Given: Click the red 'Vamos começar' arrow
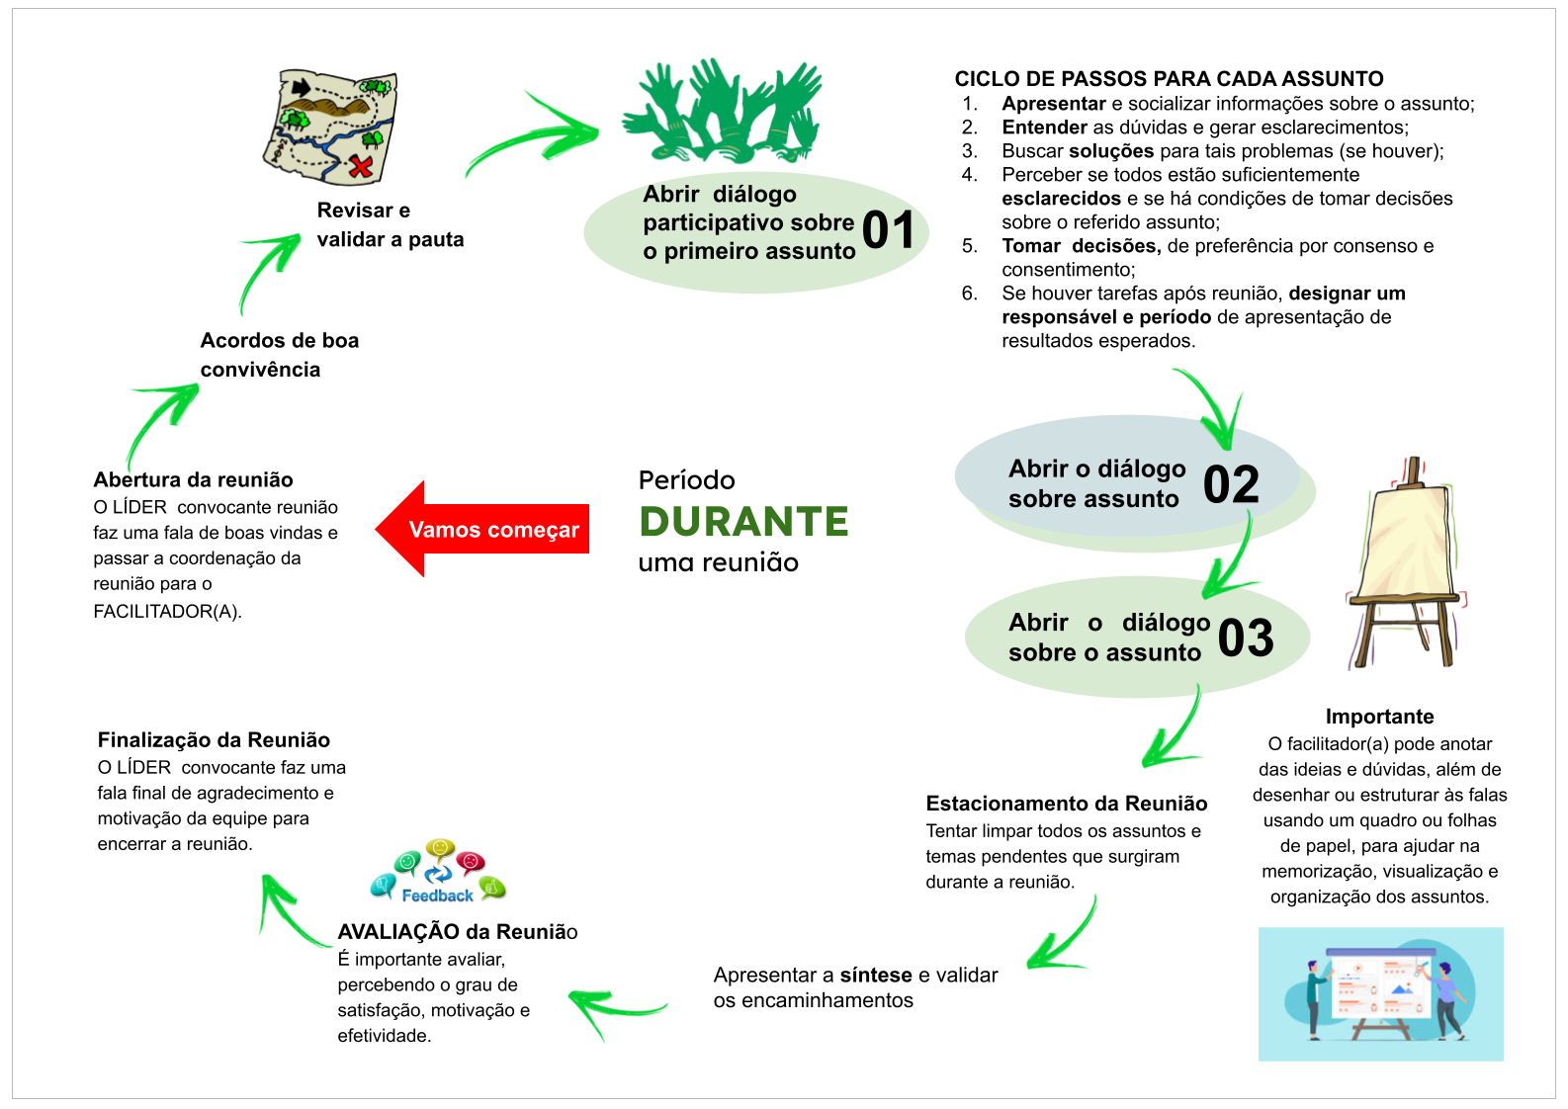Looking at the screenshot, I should tap(484, 529).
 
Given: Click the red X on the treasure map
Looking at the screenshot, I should tap(362, 165).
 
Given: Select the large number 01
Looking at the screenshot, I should tap(888, 230).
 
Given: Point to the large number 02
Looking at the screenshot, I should tap(1231, 484).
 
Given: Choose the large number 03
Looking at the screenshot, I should tap(1246, 638).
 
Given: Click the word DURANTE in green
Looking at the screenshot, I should tap(743, 522).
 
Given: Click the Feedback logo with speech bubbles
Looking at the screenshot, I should tap(438, 872).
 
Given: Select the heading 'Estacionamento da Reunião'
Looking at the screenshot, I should tap(1067, 804).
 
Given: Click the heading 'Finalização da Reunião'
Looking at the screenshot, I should tap(214, 740).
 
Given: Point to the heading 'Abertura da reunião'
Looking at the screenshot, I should tap(193, 480).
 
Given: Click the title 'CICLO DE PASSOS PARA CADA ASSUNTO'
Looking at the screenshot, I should tap(1169, 79).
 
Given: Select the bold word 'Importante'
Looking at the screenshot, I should tap(1379, 717).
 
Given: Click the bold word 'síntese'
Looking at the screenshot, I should tap(876, 976).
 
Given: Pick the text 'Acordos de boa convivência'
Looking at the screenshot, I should tap(279, 355).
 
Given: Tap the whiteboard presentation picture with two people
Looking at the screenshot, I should tap(1380, 993).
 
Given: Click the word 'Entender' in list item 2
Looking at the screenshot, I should tap(1044, 128).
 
